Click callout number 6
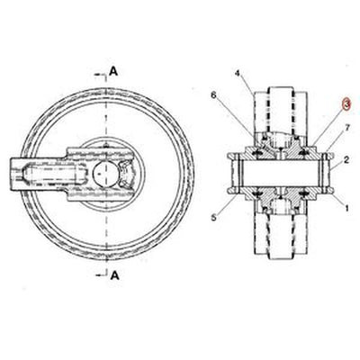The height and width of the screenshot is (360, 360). tap(213, 94)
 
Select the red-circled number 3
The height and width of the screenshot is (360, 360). tap(346, 103)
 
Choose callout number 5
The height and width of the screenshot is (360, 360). tap(214, 217)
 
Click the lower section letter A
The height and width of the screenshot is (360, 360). tap(113, 275)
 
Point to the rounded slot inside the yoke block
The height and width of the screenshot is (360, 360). tap(49, 171)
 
